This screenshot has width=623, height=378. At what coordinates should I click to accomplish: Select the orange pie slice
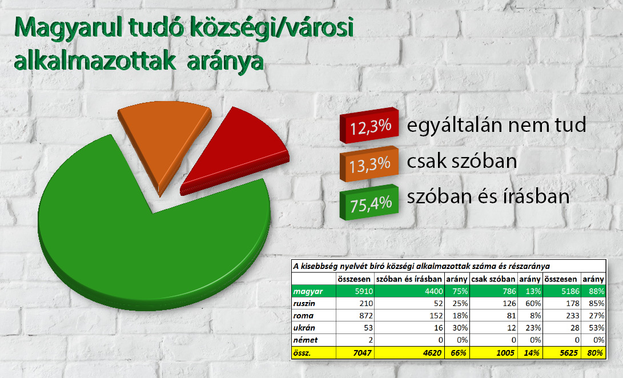click(x=165, y=139)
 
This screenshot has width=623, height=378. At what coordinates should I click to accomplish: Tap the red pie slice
click(x=235, y=155)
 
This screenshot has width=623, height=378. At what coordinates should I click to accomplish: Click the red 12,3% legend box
click(x=369, y=125)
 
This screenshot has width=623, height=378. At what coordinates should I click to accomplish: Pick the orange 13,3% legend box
click(x=369, y=164)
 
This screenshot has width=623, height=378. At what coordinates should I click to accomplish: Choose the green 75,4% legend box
click(x=369, y=202)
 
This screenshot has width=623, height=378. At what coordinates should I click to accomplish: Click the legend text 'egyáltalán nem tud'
click(x=496, y=125)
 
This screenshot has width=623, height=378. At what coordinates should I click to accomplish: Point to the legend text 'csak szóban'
click(x=462, y=161)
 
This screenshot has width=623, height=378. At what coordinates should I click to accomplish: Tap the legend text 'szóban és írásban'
click(x=488, y=196)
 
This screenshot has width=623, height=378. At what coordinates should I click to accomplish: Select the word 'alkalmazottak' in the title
click(x=95, y=62)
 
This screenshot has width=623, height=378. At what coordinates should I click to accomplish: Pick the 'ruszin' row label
click(x=304, y=303)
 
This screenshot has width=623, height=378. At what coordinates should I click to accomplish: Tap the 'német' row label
click(x=305, y=340)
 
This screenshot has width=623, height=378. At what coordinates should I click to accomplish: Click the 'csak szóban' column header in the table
click(x=493, y=279)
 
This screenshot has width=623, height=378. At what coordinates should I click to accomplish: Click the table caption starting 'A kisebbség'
click(x=421, y=266)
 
